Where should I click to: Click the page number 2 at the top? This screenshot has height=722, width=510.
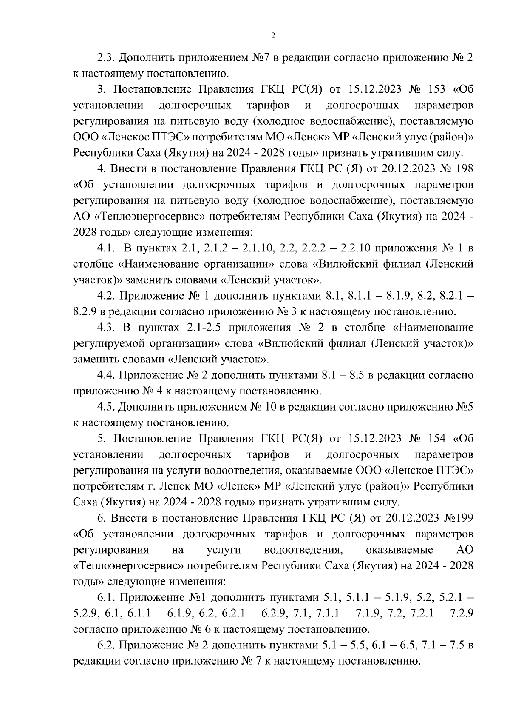pyautogui.click(x=273, y=36)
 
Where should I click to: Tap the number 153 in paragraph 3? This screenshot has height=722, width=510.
pyautogui.click(x=435, y=89)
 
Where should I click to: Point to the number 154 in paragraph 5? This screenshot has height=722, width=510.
pyautogui.click(x=435, y=439)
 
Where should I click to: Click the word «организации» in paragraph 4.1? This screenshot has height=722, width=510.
pyautogui.click(x=241, y=264)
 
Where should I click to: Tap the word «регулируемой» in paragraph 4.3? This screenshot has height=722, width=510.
pyautogui.click(x=105, y=343)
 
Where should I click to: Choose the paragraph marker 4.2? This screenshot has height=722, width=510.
pyautogui.click(x=106, y=296)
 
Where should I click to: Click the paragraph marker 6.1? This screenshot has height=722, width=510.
pyautogui.click(x=106, y=598)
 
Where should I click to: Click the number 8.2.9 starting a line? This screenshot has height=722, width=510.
pyautogui.click(x=85, y=312)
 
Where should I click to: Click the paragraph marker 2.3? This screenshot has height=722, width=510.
pyautogui.click(x=106, y=57)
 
